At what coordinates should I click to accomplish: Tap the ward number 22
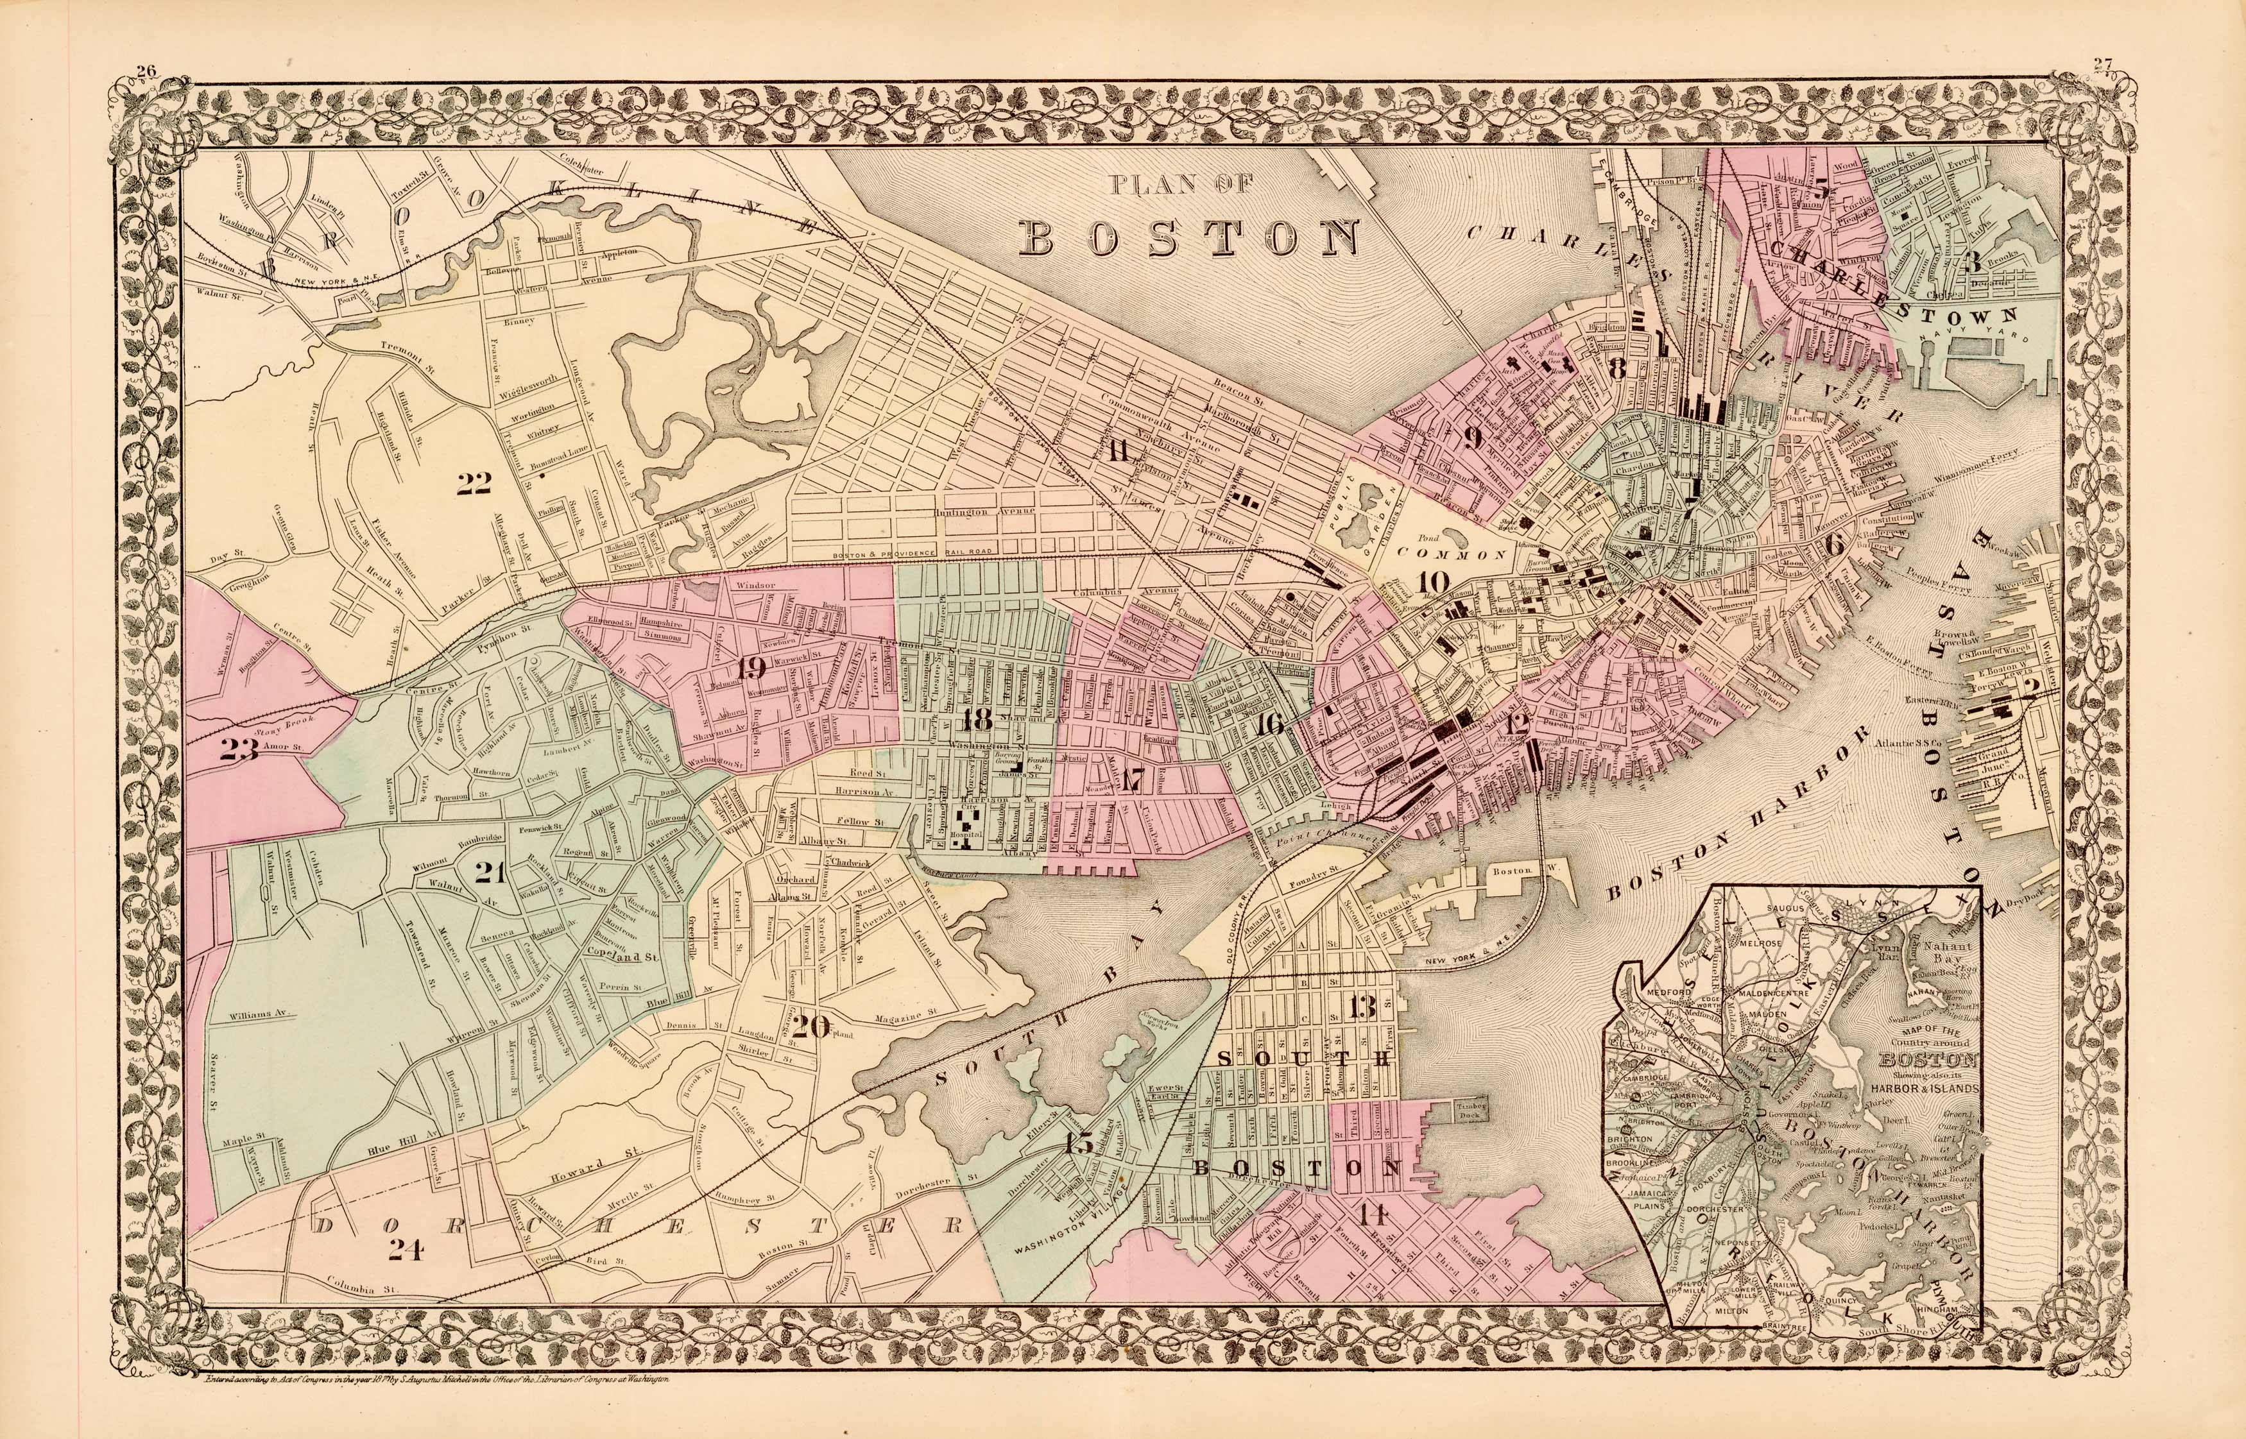point(475,483)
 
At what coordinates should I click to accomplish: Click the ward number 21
point(490,873)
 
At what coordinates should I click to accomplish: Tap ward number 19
point(751,668)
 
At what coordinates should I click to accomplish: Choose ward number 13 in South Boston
point(1363,1007)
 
